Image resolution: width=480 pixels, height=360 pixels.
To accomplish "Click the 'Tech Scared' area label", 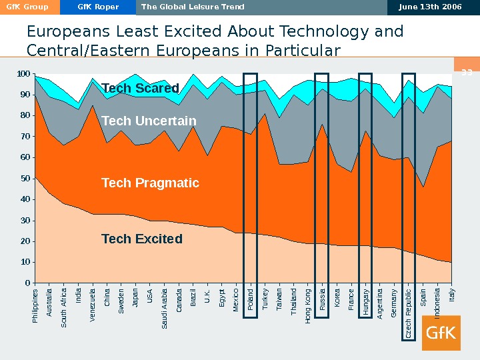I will [141, 89].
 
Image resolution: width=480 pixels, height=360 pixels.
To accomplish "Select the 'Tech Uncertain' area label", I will [149, 121].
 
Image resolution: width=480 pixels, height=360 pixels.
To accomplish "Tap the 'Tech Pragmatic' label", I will [150, 183].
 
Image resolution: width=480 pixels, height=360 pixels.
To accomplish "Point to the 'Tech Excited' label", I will [141, 239].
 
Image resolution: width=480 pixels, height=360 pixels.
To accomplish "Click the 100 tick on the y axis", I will [23, 73].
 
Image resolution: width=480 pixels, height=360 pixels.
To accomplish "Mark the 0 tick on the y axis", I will [27, 283].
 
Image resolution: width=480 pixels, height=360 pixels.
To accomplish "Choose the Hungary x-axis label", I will [365, 301].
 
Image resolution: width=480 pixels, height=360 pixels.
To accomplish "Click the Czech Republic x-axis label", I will [409, 313].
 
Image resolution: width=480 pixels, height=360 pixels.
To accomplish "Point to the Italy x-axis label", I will [451, 296].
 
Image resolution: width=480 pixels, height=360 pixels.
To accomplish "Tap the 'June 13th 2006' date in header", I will [430, 7].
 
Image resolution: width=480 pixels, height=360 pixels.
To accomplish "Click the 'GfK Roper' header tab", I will [98, 7].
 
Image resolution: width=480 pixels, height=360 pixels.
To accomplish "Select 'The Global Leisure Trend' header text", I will [193, 7].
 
